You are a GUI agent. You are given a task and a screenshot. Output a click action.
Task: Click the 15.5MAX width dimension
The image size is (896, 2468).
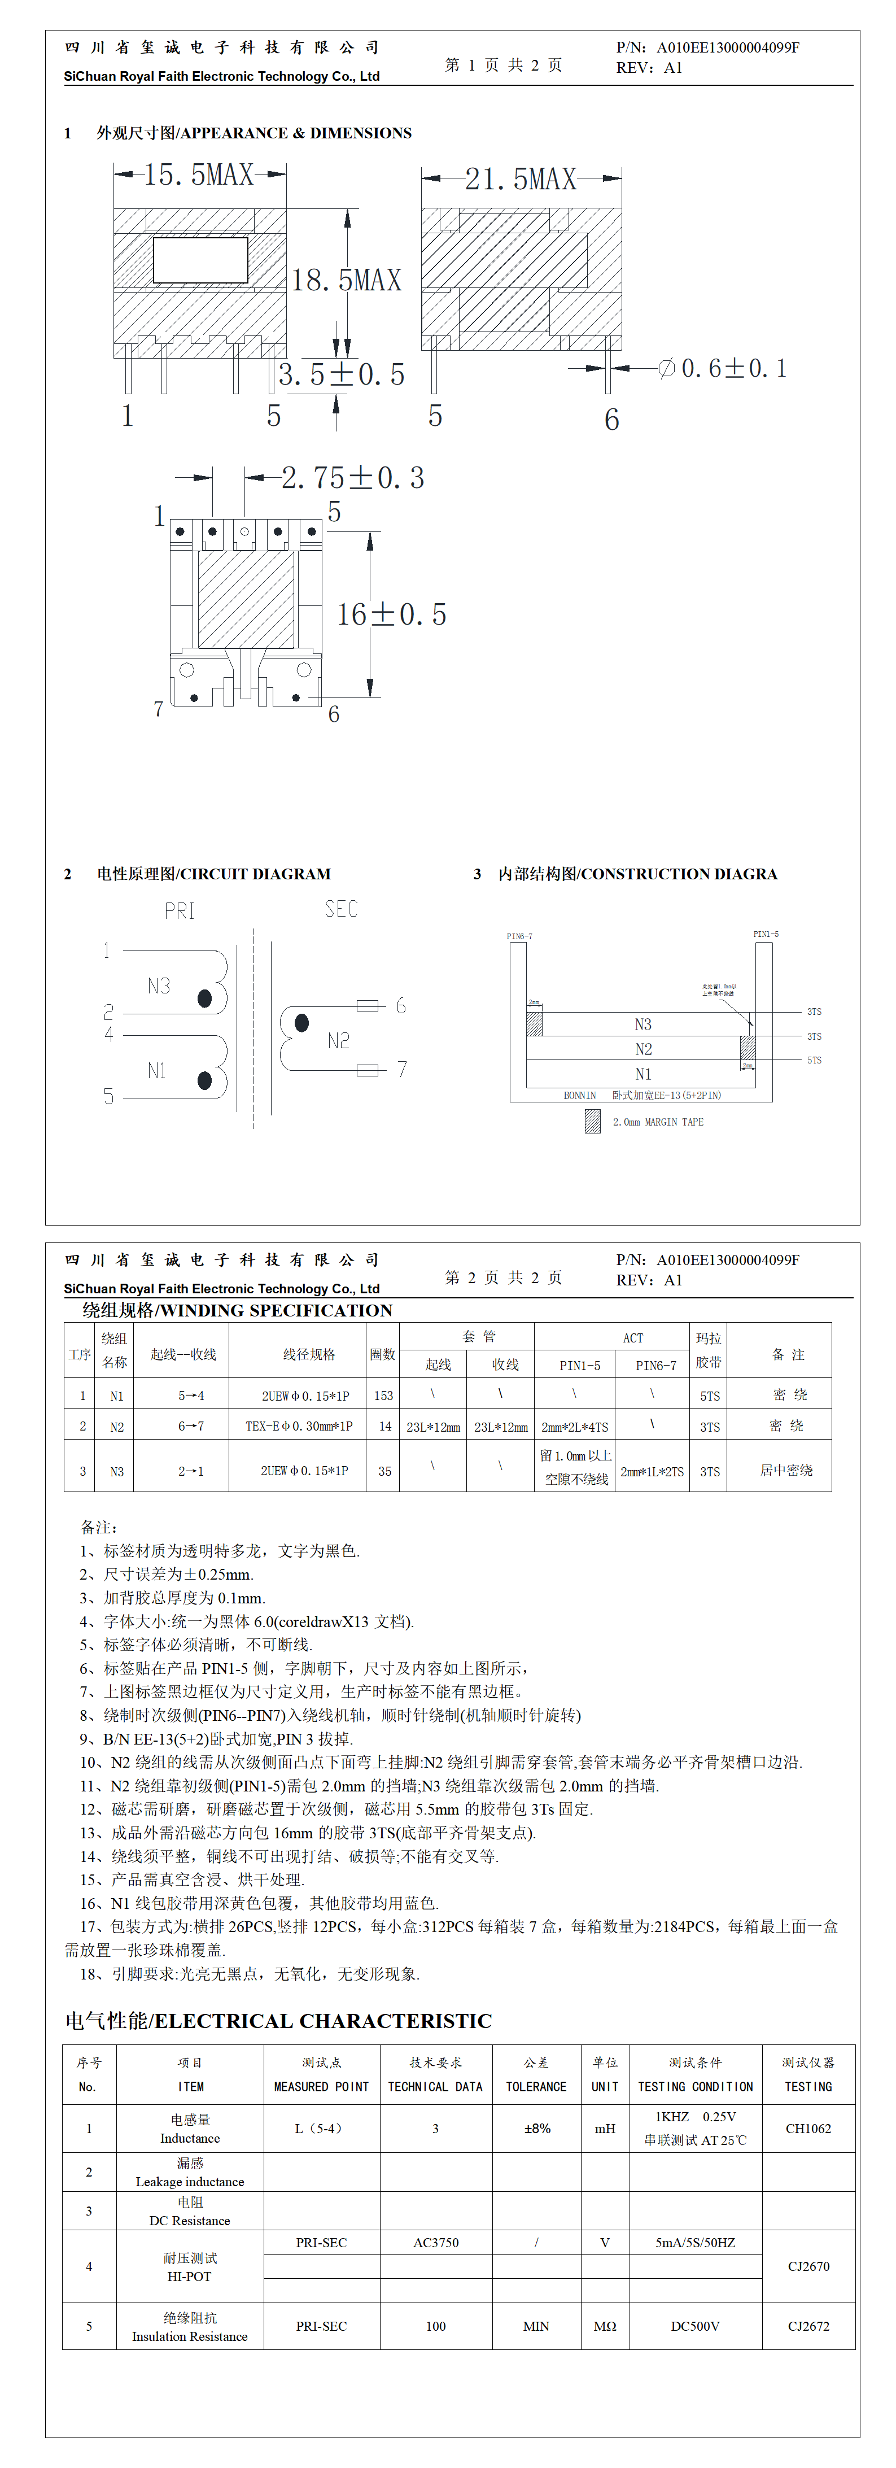[x=198, y=175]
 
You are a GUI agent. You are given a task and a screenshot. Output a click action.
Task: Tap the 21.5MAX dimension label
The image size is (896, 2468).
[x=521, y=179]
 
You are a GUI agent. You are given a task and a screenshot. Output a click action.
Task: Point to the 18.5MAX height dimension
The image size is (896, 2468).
[x=346, y=281]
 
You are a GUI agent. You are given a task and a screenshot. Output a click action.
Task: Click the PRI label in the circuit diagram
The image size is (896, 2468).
[x=179, y=911]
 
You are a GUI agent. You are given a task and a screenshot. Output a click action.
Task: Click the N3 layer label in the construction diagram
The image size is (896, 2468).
[x=643, y=1024]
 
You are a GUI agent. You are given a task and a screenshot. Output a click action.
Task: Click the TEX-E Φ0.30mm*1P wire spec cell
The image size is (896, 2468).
[x=298, y=1427]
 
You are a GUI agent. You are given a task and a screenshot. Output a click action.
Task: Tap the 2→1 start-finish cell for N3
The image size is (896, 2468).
[x=191, y=1471]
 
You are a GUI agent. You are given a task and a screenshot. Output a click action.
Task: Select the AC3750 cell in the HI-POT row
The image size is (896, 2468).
[x=436, y=2243]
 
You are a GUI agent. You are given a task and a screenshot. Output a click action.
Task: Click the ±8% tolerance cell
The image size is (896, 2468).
[x=537, y=2129]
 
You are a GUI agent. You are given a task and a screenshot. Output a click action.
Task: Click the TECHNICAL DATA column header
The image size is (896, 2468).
[x=435, y=2087]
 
